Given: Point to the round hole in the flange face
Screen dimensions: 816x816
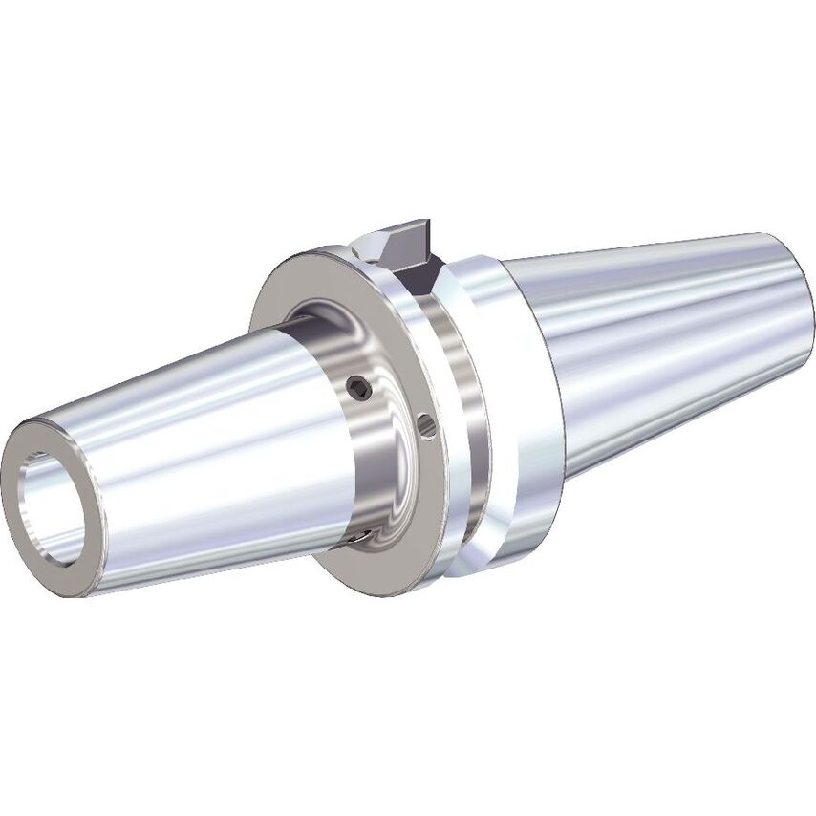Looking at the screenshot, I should point(427,424).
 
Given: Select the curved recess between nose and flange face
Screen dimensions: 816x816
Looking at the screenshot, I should point(315,325).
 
